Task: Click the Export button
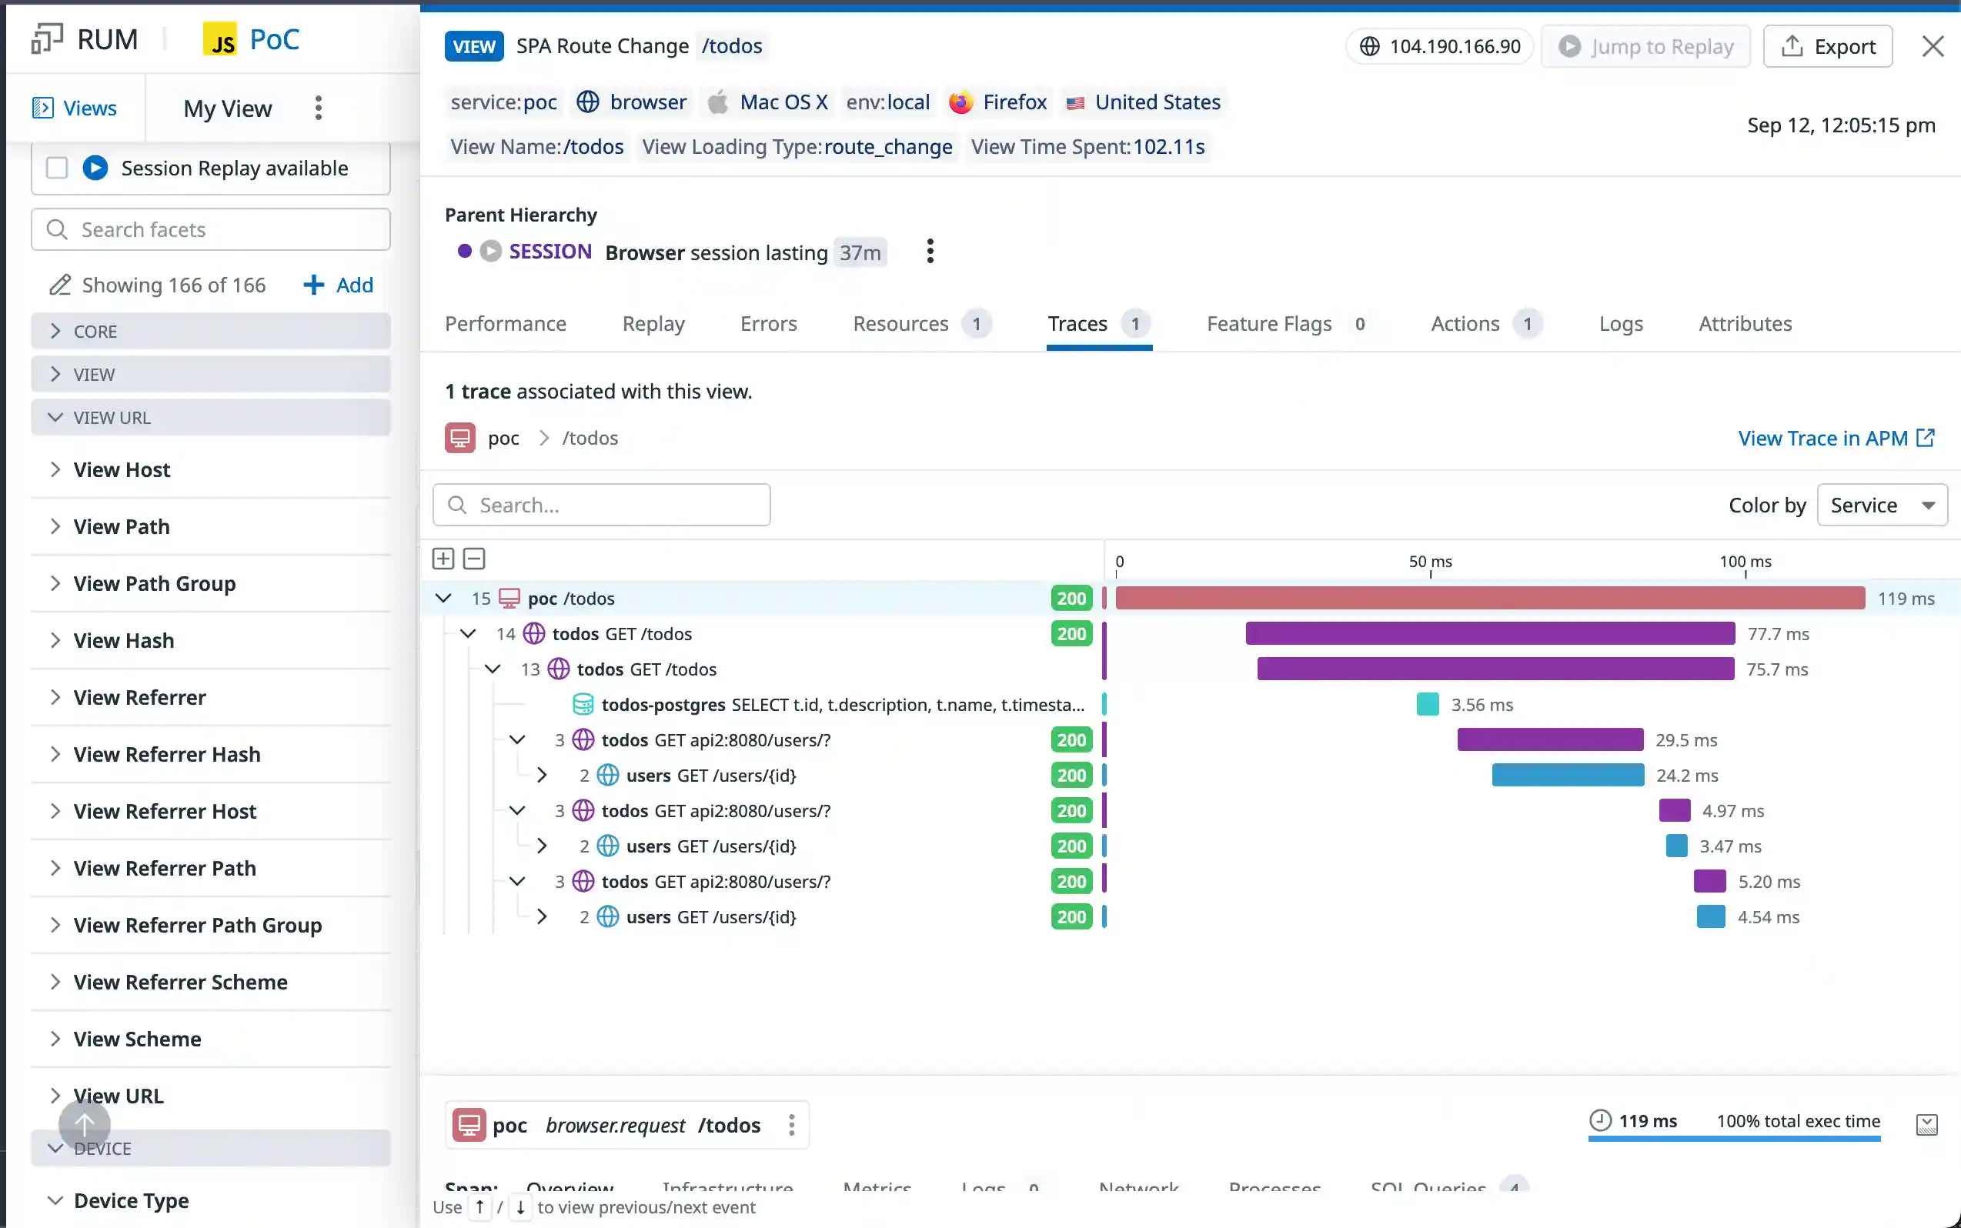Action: coord(1828,46)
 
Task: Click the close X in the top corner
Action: coord(1933,46)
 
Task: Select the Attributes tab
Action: coord(1745,324)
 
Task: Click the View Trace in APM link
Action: coord(1835,439)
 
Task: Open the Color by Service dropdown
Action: coord(1882,506)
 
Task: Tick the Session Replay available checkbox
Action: coord(57,168)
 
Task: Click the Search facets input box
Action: coord(211,230)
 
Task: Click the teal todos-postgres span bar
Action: coord(1428,704)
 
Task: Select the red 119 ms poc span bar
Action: coord(1490,599)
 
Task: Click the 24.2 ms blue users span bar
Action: coord(1568,776)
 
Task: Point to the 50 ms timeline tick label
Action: coord(1430,561)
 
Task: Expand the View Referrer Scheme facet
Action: coord(180,982)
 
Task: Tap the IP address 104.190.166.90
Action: coord(1454,46)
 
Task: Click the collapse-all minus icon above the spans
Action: coord(474,559)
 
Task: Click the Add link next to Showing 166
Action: coord(339,285)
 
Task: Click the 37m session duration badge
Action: coord(860,252)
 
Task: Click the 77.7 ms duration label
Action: coord(1779,634)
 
